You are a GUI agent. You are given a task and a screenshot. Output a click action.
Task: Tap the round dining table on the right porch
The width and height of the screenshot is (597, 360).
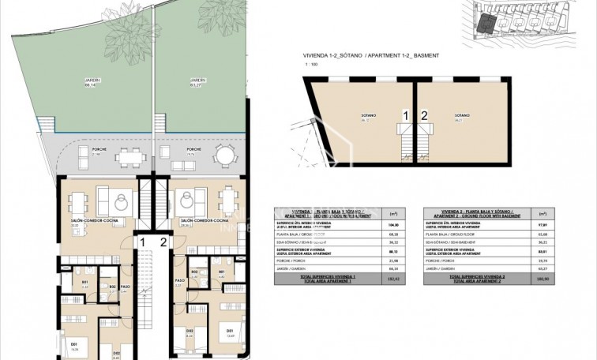(x=227, y=154)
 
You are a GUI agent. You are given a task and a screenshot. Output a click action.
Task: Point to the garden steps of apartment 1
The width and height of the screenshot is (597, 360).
(x=49, y=126)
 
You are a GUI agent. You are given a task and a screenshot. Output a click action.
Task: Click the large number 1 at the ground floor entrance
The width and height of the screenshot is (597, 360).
(x=142, y=242)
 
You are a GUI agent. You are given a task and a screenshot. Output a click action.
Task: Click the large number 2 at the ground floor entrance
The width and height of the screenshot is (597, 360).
(x=163, y=242)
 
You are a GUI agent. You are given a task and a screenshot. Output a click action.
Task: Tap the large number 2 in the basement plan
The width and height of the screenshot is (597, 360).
(x=424, y=115)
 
